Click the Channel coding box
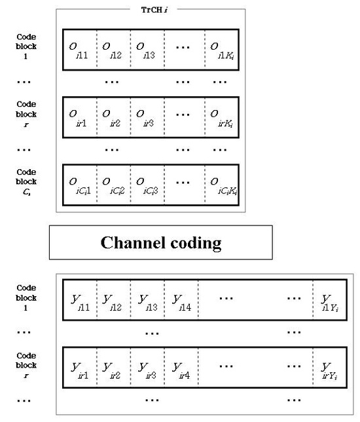pyautogui.click(x=160, y=242)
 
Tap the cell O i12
pyautogui.click(x=114, y=49)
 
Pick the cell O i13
pyautogui.click(x=147, y=49)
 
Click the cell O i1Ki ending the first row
pyautogui.click(x=222, y=49)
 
